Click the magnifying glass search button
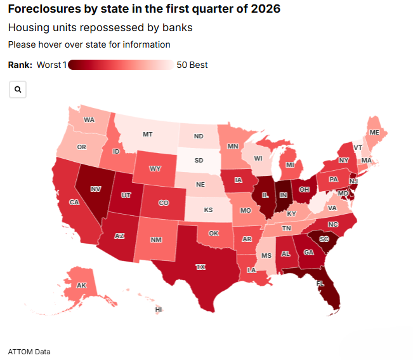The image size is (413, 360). pyautogui.click(x=18, y=90)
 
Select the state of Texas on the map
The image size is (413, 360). pyautogui.click(x=200, y=267)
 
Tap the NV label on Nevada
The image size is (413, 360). pyautogui.click(x=96, y=189)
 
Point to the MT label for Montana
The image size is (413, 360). pyautogui.click(x=147, y=135)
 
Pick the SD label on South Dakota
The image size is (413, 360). pyautogui.click(x=198, y=160)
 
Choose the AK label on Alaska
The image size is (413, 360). pyautogui.click(x=81, y=286)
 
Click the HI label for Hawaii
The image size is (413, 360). pyautogui.click(x=159, y=310)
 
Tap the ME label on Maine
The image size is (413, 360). pyautogui.click(x=374, y=132)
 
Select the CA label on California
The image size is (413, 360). pyautogui.click(x=74, y=203)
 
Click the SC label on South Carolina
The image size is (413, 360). pyautogui.click(x=324, y=239)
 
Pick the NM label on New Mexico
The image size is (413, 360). pyautogui.click(x=155, y=240)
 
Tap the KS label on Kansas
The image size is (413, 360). pyautogui.click(x=208, y=209)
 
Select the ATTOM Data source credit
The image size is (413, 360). pyautogui.click(x=29, y=352)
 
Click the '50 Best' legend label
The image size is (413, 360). pyautogui.click(x=192, y=65)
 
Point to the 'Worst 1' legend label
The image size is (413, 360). pyautogui.click(x=51, y=65)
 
